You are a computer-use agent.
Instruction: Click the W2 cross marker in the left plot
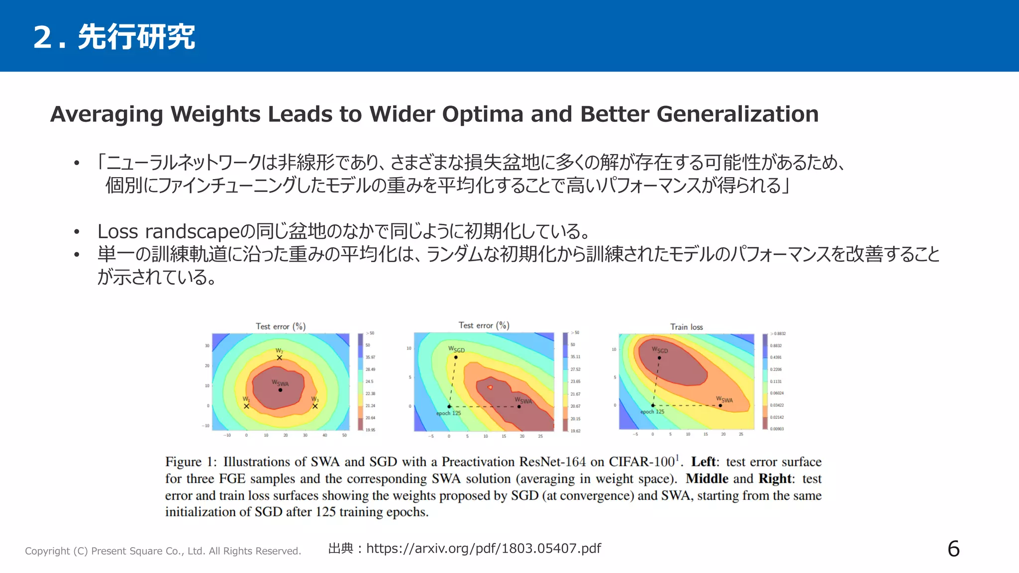tap(279, 358)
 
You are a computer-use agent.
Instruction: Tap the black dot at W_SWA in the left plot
tap(280, 390)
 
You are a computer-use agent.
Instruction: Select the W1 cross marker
tap(246, 406)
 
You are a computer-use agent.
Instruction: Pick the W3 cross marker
tap(315, 406)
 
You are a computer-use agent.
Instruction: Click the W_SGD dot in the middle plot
tap(456, 357)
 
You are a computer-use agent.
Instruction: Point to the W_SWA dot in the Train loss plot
tap(720, 405)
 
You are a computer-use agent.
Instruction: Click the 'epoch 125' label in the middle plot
tap(448, 413)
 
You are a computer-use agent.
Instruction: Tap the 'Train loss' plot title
tap(686, 327)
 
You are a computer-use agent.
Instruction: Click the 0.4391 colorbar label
tap(776, 358)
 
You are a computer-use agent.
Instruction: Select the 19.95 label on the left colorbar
tap(370, 430)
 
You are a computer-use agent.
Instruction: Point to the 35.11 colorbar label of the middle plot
tap(575, 357)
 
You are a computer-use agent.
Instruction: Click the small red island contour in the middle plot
tap(490, 387)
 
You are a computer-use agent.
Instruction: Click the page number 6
tap(953, 549)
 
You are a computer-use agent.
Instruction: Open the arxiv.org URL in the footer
tap(484, 549)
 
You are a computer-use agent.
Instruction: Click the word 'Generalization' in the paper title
tap(737, 114)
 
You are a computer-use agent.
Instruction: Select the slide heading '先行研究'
tap(136, 37)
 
